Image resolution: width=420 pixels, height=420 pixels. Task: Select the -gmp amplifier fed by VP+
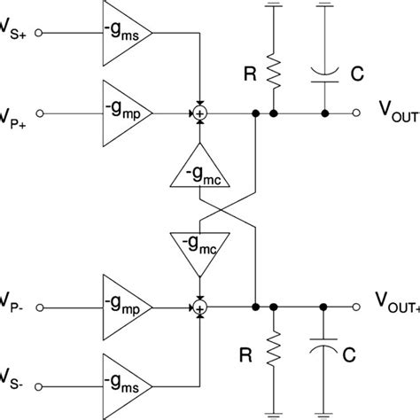[123, 113]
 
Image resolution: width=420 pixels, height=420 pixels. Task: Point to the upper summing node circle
[200, 113]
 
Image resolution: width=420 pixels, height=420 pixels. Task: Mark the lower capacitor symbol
[325, 350]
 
